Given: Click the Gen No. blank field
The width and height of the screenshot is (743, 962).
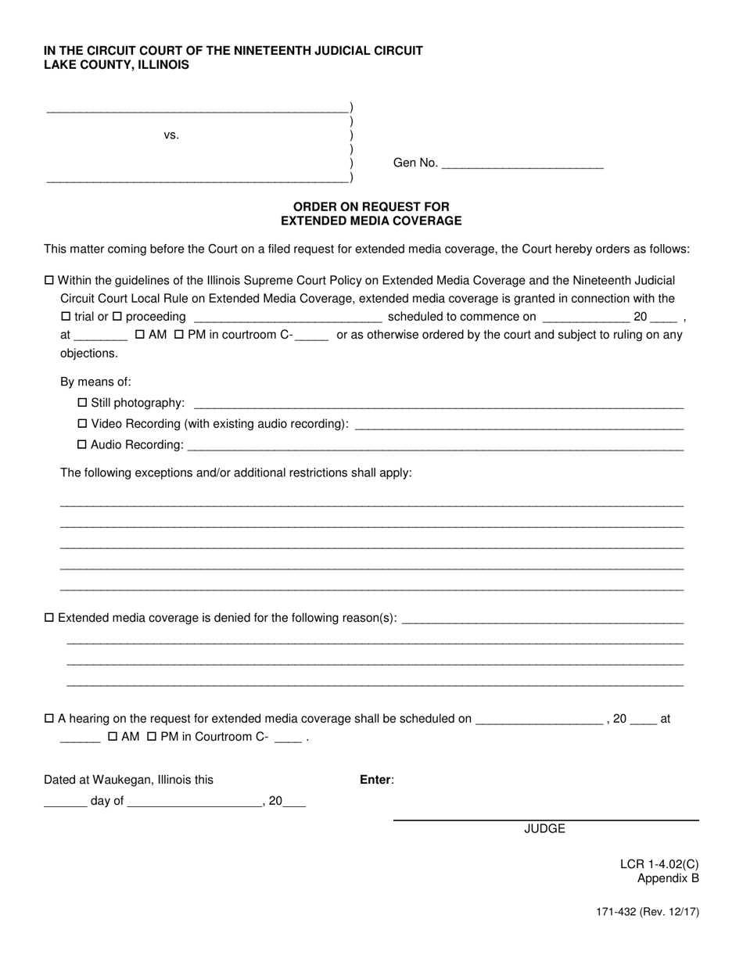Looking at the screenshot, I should [522, 163].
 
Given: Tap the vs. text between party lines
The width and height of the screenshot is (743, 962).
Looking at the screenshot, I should [171, 135].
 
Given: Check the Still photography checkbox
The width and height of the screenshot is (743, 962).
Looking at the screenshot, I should [83, 403].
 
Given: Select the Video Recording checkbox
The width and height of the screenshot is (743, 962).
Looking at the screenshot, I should [83, 424].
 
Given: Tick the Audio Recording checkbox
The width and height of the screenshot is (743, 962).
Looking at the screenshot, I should [83, 445].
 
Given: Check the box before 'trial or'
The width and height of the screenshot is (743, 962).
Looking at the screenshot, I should [66, 317].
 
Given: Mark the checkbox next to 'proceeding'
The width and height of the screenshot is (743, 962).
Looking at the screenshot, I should [117, 317].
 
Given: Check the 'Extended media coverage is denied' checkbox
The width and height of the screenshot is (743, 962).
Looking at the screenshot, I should [49, 618].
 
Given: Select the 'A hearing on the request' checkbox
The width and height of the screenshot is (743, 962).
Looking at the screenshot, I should [49, 718].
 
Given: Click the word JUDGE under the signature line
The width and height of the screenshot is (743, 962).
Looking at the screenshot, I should [544, 829].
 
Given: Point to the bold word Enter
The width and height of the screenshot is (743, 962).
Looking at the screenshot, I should [376, 780].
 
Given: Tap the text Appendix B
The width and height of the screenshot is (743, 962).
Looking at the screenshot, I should [668, 878].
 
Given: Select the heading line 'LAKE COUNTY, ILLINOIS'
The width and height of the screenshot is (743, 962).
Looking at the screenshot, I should [116, 65].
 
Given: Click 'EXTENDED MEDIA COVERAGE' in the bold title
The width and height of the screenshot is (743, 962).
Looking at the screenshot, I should [371, 221].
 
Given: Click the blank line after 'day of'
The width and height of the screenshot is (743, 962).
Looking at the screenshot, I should [194, 802].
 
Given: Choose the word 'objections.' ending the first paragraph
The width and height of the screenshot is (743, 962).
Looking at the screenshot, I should [89, 354].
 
